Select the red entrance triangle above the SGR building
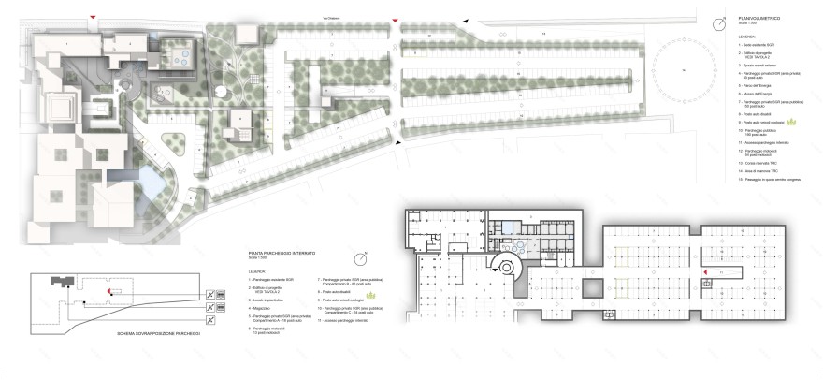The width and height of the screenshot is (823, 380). (x=92, y=18)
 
